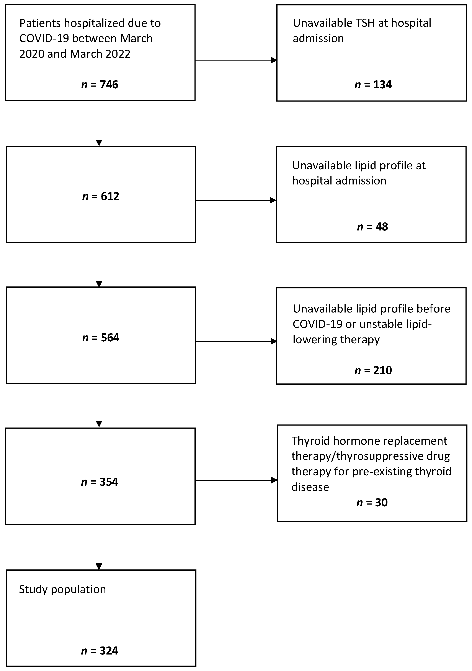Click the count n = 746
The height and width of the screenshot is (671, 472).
(100, 85)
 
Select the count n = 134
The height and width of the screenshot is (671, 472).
(373, 85)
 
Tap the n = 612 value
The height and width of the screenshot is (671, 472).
(101, 196)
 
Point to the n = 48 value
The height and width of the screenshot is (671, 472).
(372, 227)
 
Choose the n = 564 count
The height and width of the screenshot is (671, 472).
(101, 338)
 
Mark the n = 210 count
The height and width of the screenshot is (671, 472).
(373, 371)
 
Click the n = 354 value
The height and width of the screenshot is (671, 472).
(100, 482)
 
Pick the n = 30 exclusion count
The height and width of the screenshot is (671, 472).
(372, 503)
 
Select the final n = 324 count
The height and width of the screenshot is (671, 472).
(100, 651)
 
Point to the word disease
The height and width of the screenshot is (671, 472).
(310, 487)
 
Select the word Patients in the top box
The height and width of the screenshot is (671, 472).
(40, 23)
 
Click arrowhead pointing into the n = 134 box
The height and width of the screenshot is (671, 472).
(274, 60)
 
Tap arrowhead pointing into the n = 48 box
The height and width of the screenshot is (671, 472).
(273, 201)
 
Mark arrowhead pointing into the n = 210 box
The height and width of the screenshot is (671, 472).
(274, 341)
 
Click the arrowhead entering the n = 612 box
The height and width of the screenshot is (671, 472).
(99, 143)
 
